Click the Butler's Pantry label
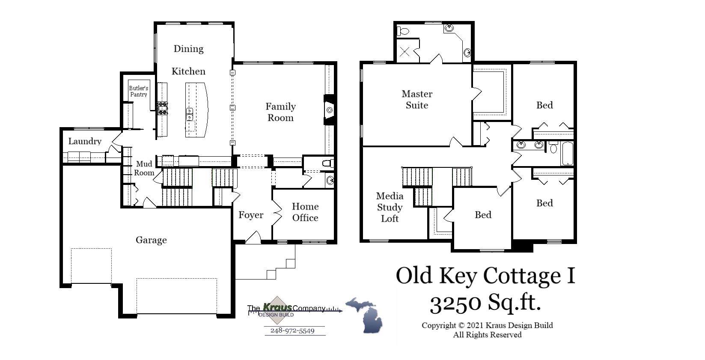139,91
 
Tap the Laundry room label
85,141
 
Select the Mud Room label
144,168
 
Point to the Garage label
151,240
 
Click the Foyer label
251,215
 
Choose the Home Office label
305,212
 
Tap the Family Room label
280,112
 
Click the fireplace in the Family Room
329,110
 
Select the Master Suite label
417,99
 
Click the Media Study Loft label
390,207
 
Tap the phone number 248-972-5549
292,331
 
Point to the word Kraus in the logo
277,307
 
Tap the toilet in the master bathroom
403,31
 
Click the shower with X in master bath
405,52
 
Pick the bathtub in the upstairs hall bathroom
567,153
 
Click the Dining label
188,49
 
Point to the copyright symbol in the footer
461,325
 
